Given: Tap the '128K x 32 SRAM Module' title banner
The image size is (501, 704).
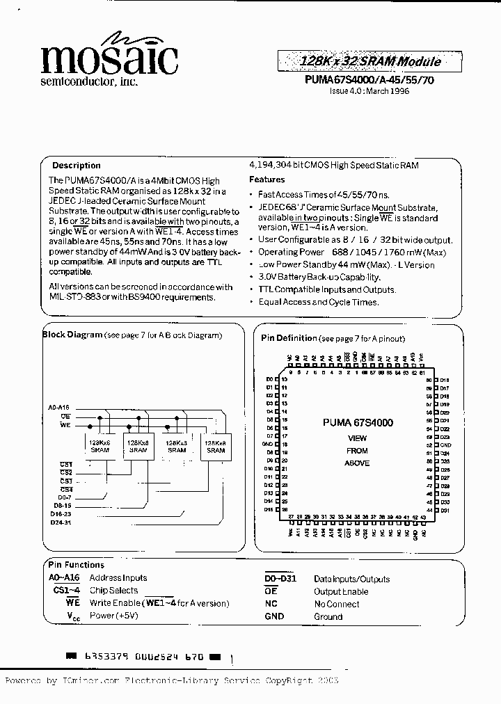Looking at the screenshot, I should pyautogui.click(x=370, y=61).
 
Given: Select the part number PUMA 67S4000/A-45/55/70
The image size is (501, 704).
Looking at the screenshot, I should pyautogui.click(x=369, y=80).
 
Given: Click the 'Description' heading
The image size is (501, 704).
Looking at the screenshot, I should pyautogui.click(x=77, y=166).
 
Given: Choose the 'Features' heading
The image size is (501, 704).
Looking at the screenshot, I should pyautogui.click(x=267, y=179).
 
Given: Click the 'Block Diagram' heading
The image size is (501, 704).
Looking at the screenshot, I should pyautogui.click(x=73, y=335).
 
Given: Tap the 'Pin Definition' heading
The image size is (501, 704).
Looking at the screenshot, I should pyautogui.click(x=289, y=338).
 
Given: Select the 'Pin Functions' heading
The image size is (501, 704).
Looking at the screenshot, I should pyautogui.click(x=76, y=565).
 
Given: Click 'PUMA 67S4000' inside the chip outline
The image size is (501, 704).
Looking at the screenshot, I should pyautogui.click(x=358, y=422).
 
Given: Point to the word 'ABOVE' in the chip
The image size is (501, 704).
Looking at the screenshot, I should pyautogui.click(x=357, y=463).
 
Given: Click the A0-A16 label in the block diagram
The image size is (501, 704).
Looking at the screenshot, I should pyautogui.click(x=59, y=408).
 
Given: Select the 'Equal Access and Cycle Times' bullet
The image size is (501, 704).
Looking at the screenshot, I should pyautogui.click(x=318, y=302).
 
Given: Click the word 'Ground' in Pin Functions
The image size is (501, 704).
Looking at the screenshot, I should pyautogui.click(x=328, y=616).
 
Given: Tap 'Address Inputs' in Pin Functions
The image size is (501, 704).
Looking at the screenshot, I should pyautogui.click(x=118, y=577).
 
